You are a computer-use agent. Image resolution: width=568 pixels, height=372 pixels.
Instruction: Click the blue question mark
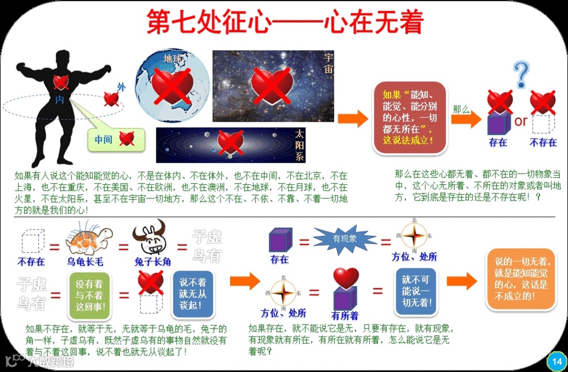[x=522, y=75]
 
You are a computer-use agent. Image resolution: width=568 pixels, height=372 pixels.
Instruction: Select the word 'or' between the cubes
[x=520, y=121]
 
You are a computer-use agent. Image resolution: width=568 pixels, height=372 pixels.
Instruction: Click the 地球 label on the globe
[x=173, y=59]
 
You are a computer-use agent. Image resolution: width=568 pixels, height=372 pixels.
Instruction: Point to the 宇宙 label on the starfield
[x=328, y=63]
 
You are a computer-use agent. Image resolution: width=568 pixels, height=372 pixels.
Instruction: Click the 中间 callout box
[x=115, y=139]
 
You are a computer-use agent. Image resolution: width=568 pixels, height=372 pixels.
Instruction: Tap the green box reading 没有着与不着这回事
[x=89, y=294]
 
